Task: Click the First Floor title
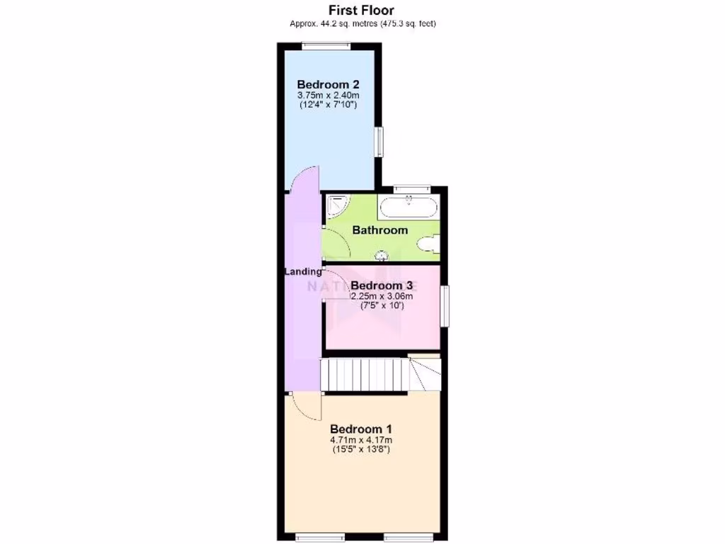[362, 10]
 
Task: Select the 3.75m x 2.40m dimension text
[328, 95]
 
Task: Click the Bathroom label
[380, 230]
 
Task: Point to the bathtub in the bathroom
[409, 208]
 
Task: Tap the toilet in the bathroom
[428, 244]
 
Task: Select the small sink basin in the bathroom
[382, 254]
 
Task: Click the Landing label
[303, 271]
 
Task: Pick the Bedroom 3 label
[382, 285]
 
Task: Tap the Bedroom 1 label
[361, 429]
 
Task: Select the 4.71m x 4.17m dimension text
[361, 441]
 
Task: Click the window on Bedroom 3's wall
[445, 305]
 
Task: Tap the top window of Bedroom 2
[326, 47]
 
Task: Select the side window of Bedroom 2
[379, 142]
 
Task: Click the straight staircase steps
[365, 375]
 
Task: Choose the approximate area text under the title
[362, 23]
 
